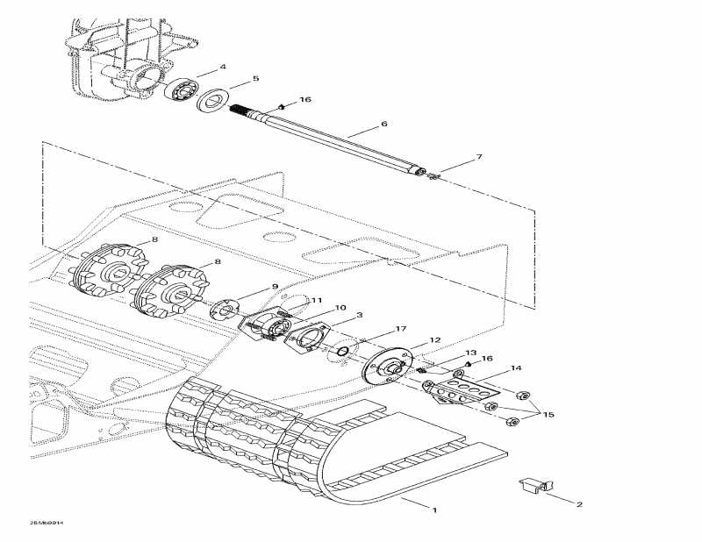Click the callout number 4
(223, 67)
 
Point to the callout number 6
(384, 125)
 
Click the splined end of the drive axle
(254, 115)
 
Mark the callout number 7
(479, 158)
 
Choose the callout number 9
(275, 287)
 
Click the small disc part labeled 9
(224, 310)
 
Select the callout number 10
(340, 307)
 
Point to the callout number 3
(359, 315)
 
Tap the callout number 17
(401, 329)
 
